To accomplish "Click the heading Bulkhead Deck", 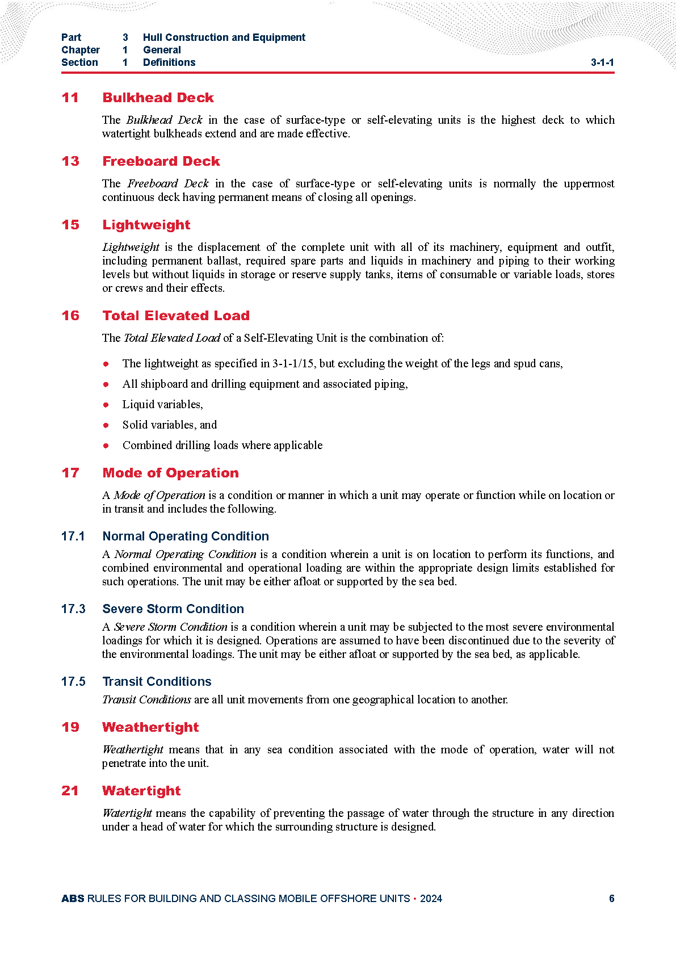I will click(158, 98).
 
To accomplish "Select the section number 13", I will click(70, 161).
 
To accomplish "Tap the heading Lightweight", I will click(146, 225).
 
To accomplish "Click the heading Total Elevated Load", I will click(176, 316).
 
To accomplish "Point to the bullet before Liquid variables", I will click(106, 405).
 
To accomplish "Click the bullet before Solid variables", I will click(106, 425).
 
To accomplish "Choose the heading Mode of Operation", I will click(170, 473).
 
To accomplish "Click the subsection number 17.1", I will click(73, 536).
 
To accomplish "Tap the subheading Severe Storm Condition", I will click(173, 609).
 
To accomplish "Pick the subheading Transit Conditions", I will click(157, 682).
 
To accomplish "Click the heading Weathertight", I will click(150, 727).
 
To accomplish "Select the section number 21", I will click(70, 791).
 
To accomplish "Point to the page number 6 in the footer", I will click(611, 899).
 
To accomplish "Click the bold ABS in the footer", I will click(73, 899).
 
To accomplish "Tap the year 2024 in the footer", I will click(431, 899).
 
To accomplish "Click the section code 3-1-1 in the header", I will click(602, 62).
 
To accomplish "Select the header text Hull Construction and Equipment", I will click(224, 37).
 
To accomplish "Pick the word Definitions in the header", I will click(169, 62).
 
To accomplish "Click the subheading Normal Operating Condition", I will click(186, 536).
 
